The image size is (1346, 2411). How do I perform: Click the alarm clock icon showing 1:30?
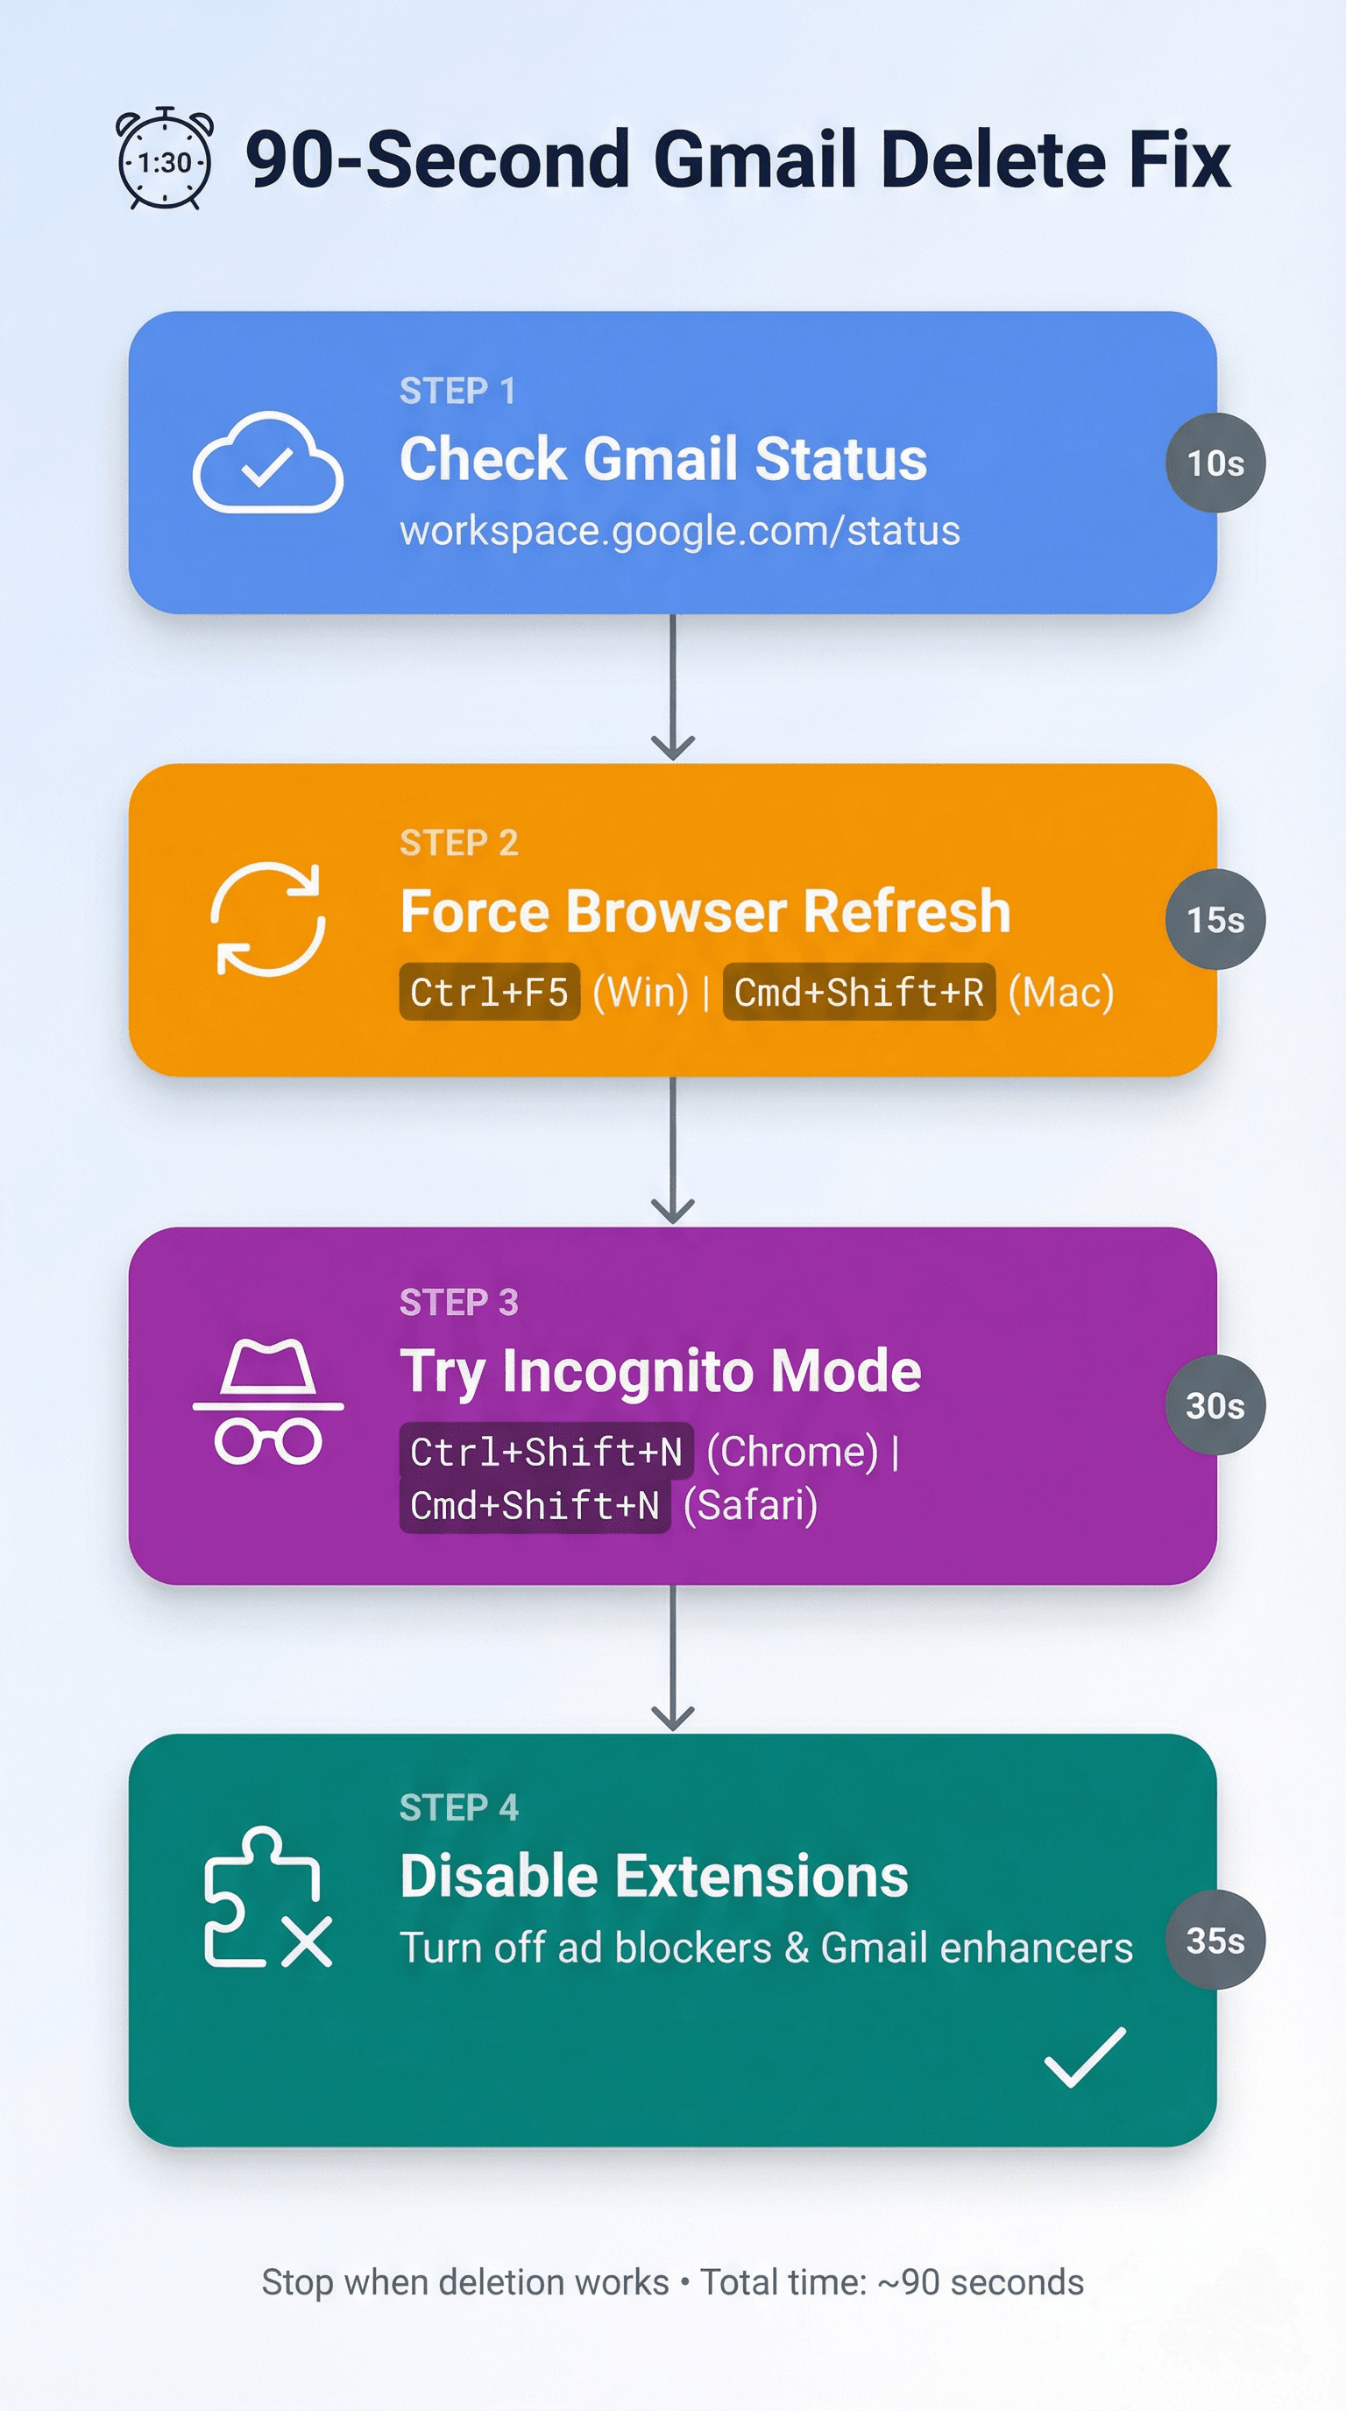click(x=165, y=159)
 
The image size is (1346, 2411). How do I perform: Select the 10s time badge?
click(x=1215, y=463)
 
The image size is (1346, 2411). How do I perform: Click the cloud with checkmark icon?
click(x=267, y=463)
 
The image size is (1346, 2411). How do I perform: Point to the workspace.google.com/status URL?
click(x=679, y=531)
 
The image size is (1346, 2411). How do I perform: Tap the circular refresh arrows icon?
click(x=267, y=919)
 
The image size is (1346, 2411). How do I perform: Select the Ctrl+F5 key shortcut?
click(x=490, y=992)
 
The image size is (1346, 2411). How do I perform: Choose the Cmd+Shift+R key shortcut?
click(x=858, y=992)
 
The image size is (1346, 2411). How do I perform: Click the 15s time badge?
click(x=1215, y=919)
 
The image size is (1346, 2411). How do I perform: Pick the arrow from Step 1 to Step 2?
click(x=672, y=688)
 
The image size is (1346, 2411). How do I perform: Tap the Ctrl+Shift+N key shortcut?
click(x=547, y=1452)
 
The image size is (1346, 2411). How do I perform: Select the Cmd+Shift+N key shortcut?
click(x=535, y=1506)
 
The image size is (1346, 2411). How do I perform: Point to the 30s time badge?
click(x=1215, y=1405)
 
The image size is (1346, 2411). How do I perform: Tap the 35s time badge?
click(x=1215, y=1941)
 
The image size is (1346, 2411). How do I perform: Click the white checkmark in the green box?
click(x=1085, y=2056)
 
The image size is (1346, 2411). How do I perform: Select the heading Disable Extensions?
click(x=654, y=1877)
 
